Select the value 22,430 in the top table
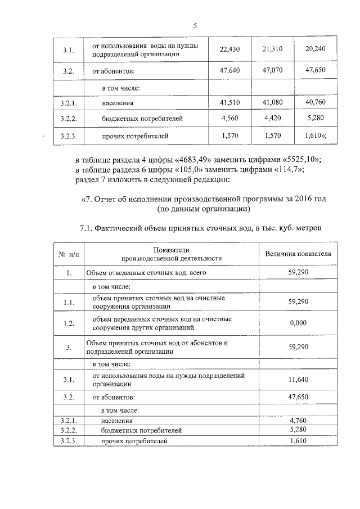pyautogui.click(x=229, y=49)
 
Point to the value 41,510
pyautogui.click(x=229, y=103)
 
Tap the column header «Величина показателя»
pyautogui.click(x=298, y=254)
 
